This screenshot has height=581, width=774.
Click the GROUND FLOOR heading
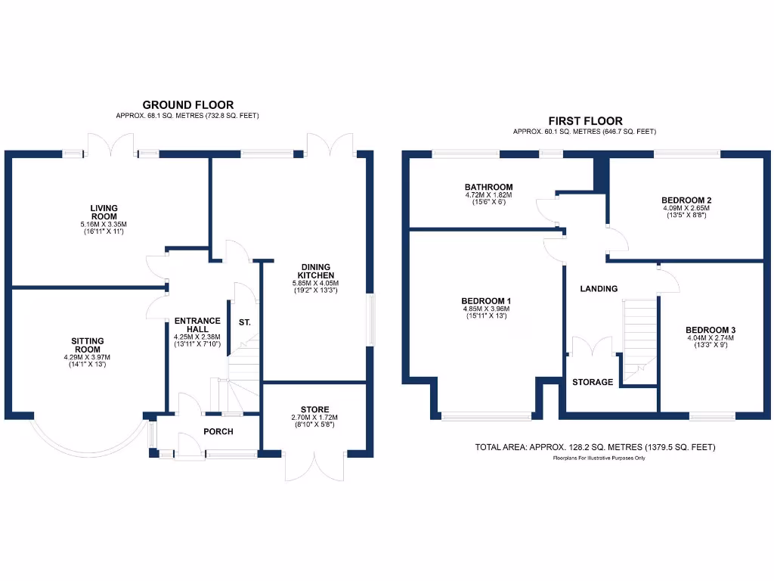pos(188,105)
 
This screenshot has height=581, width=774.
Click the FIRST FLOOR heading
pos(585,121)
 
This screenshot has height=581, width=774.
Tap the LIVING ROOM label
pos(104,211)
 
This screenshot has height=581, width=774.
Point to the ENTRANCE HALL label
pos(197,325)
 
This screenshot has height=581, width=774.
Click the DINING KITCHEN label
pos(315,271)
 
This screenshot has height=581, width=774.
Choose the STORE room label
pos(314,409)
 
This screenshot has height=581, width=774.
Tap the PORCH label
pos(218,432)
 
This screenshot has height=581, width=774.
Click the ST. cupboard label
pos(244,322)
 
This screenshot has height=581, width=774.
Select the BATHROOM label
pos(489,187)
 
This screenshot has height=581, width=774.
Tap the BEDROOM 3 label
pos(711,330)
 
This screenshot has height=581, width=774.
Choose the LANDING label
pos(599,288)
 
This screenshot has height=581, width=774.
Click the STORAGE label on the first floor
pos(593,382)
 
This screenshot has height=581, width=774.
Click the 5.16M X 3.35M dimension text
pos(104,225)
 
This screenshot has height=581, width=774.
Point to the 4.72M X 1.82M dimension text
pos(489,195)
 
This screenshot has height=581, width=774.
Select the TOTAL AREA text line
pos(595,447)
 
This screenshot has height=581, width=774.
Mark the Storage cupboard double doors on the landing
pos(592,346)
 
